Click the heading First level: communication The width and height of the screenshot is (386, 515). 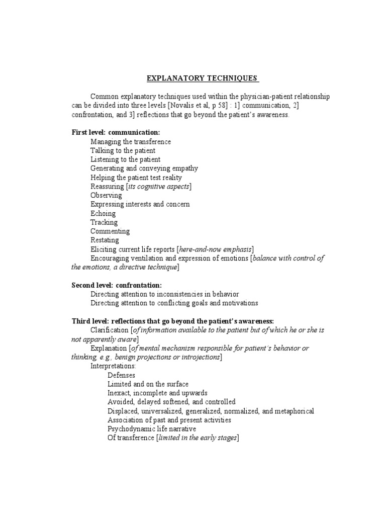[x=116, y=132]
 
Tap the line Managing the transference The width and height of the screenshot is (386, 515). [x=131, y=141]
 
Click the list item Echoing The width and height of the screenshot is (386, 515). [x=103, y=213]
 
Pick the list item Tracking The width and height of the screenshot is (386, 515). [x=104, y=222]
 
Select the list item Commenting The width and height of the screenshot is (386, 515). [x=110, y=231]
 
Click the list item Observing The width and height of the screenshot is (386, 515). [x=106, y=195]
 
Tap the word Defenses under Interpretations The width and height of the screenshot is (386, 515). [x=121, y=375]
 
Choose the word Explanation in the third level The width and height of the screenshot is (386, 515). [x=108, y=348]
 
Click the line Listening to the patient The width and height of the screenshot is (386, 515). [x=126, y=159]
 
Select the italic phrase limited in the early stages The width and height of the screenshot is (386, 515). [x=197, y=438]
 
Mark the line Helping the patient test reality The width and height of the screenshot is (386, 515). [x=136, y=178]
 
